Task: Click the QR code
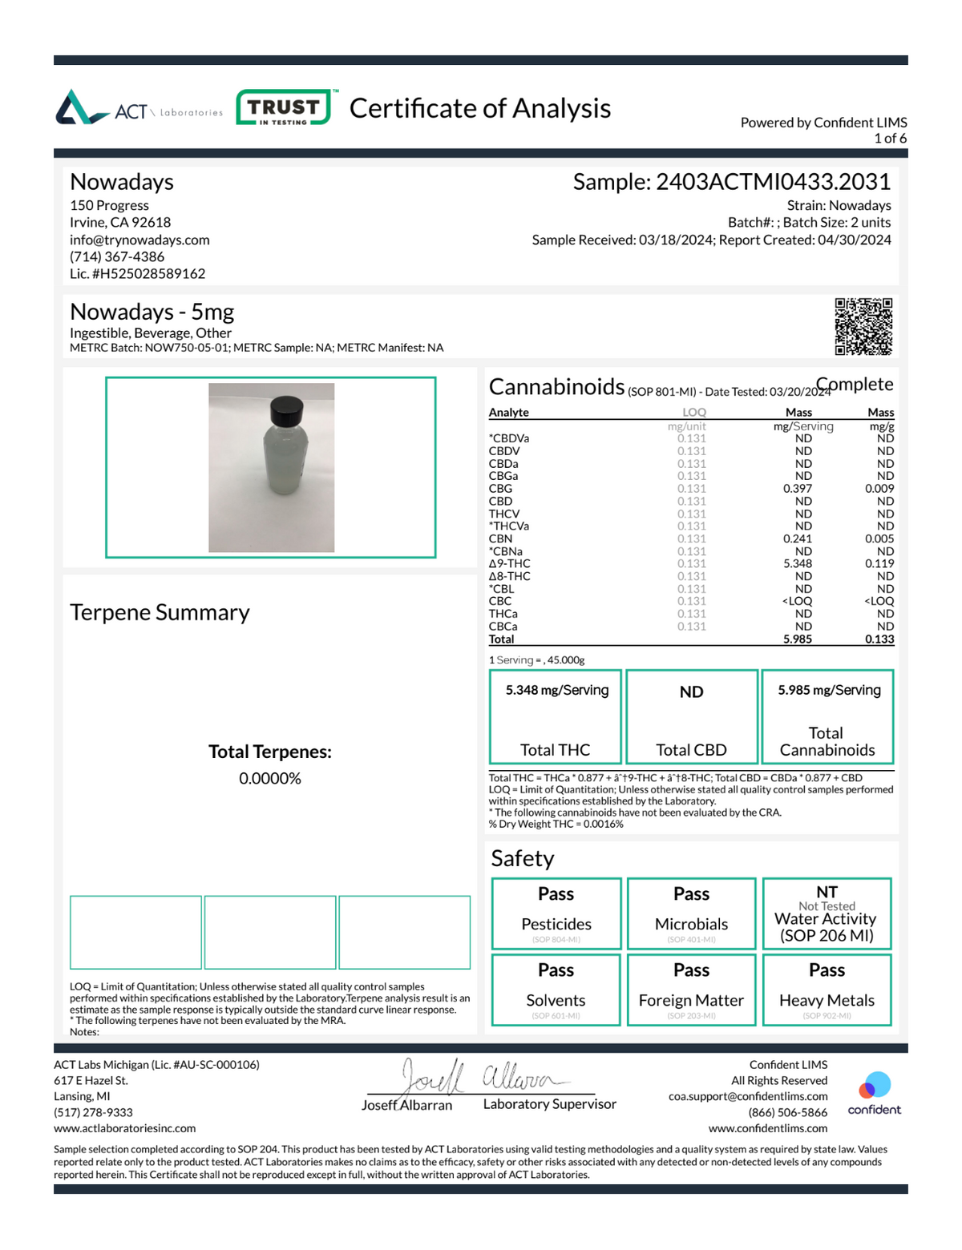click(x=863, y=326)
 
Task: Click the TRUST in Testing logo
click(x=283, y=107)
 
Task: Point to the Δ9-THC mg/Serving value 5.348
click(x=797, y=563)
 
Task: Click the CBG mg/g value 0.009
click(x=879, y=488)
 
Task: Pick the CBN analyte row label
click(x=500, y=538)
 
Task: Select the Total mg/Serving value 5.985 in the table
click(x=797, y=639)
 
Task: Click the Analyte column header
click(x=509, y=413)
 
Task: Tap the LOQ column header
click(x=693, y=413)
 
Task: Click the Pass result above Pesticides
click(x=556, y=893)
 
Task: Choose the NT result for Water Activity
click(x=827, y=892)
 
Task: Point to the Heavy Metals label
click(x=827, y=1000)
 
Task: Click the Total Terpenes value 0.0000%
click(x=270, y=779)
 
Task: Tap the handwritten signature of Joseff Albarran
click(x=481, y=1078)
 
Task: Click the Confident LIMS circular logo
click(x=874, y=1086)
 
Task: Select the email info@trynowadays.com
click(x=139, y=240)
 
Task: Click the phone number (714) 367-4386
click(x=117, y=256)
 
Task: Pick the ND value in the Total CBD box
click(x=691, y=692)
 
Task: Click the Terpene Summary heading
click(x=160, y=612)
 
